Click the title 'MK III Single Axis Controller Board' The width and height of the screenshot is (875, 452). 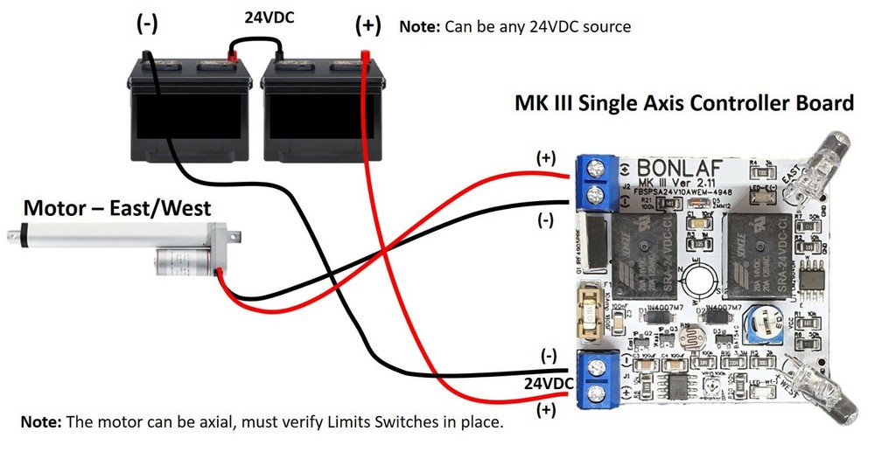click(x=682, y=103)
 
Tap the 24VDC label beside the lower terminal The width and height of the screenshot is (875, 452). click(x=549, y=383)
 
